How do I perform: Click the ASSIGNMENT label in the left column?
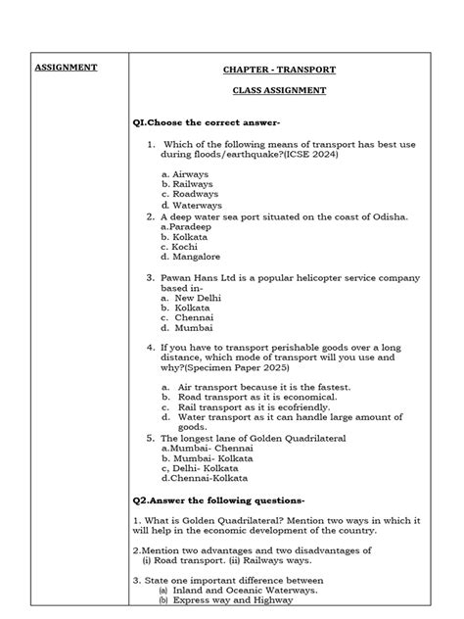(x=66, y=68)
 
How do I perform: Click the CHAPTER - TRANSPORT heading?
(x=278, y=70)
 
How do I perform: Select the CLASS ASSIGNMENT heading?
(x=278, y=90)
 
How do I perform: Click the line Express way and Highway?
(x=234, y=600)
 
